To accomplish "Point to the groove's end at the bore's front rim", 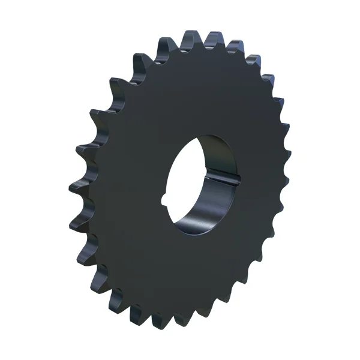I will coord(239,178).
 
